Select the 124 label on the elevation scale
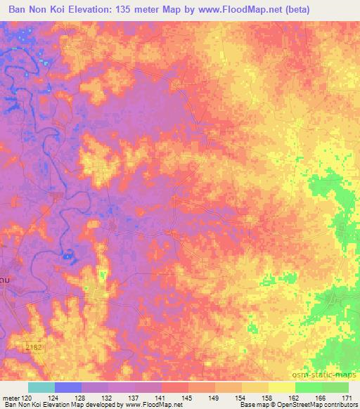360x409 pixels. pyautogui.click(x=56, y=397)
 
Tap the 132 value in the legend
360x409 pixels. pyautogui.click(x=109, y=397)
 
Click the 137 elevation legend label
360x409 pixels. pyautogui.click(x=136, y=397)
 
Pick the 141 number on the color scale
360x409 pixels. pyautogui.click(x=162, y=397)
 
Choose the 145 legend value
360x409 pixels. pyautogui.click(x=188, y=397)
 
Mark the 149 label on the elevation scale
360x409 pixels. pyautogui.click(x=215, y=397)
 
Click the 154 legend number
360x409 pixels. pyautogui.click(x=242, y=397)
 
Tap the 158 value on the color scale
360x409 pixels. pyautogui.click(x=269, y=397)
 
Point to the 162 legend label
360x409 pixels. pyautogui.click(x=295, y=397)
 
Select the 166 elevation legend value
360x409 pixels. pyautogui.click(x=321, y=397)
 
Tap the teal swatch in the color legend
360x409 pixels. pyautogui.click(x=41, y=387)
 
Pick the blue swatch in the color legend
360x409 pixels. pyautogui.click(x=68, y=387)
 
